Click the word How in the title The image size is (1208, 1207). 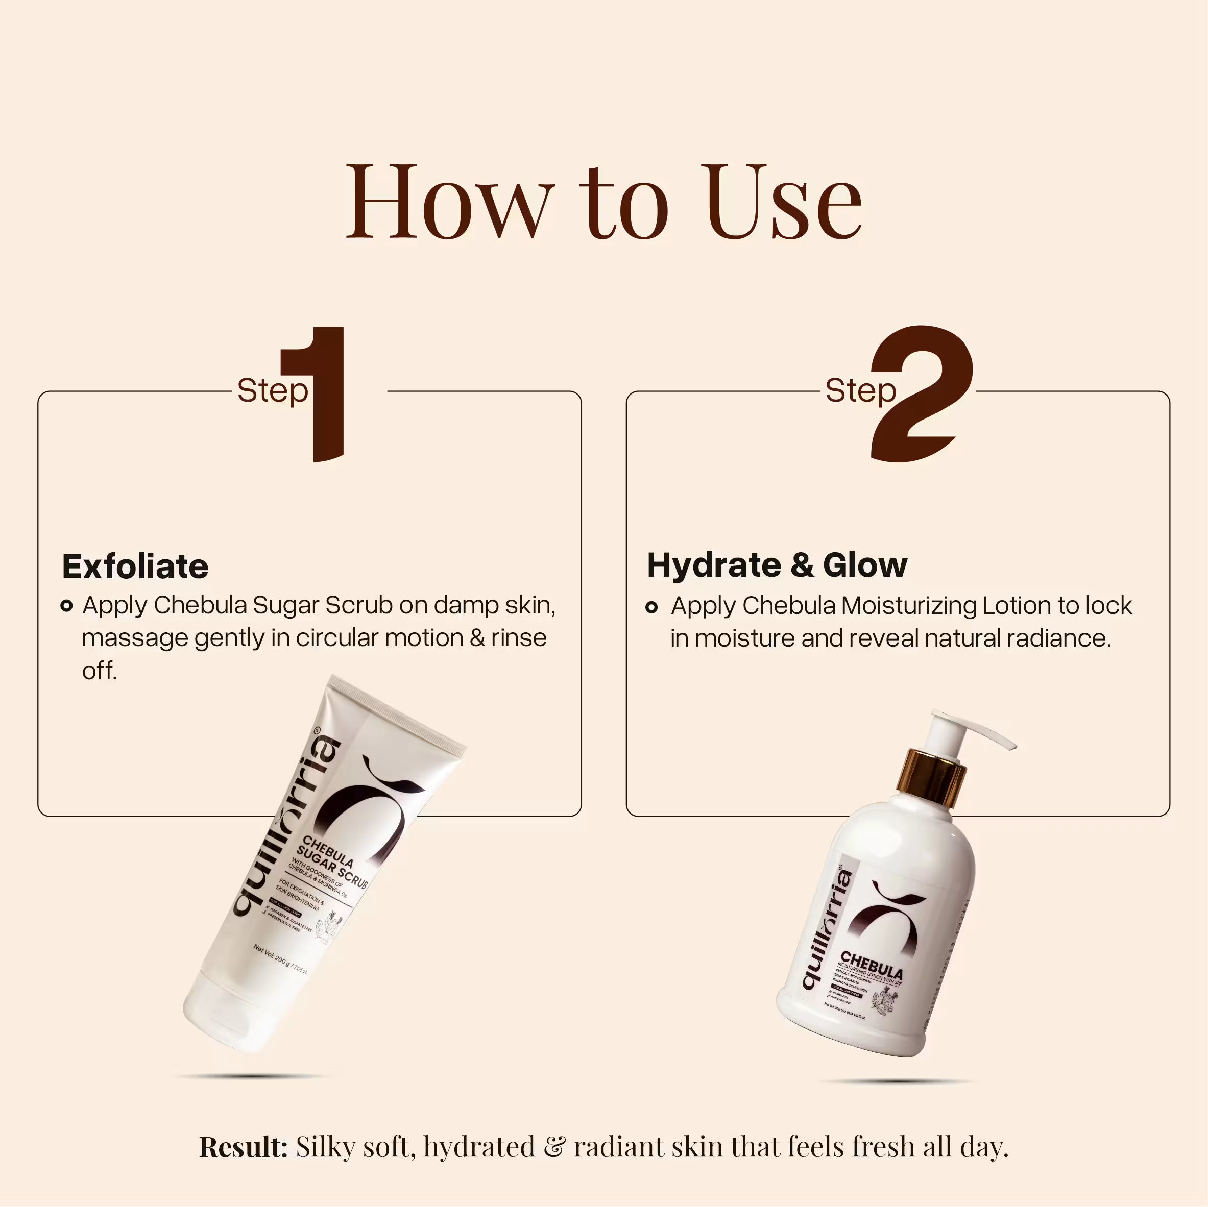click(450, 203)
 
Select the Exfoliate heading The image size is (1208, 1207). click(135, 567)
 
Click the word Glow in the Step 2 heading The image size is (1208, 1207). click(865, 565)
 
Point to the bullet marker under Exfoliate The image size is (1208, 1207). click(67, 606)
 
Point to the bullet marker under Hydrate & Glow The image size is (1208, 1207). click(651, 607)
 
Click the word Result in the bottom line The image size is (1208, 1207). click(243, 1148)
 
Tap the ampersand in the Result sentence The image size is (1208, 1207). click(554, 1148)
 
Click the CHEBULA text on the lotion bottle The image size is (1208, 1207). click(872, 966)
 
